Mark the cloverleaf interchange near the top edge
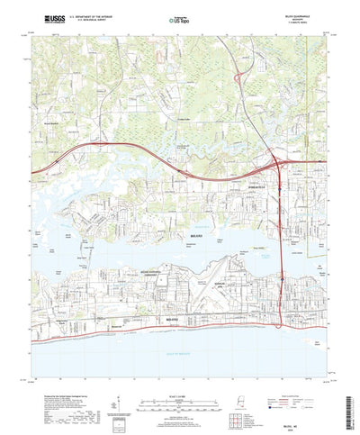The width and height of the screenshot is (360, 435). pyautogui.click(x=238, y=79)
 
